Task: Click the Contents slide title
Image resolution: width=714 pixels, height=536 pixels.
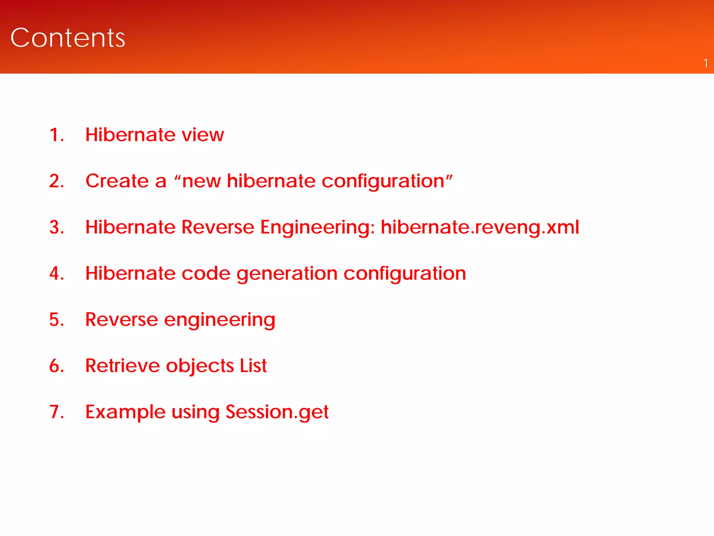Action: point(68,38)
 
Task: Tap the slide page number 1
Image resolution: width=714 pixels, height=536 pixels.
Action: point(705,63)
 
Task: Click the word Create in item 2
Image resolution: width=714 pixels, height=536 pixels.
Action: point(117,181)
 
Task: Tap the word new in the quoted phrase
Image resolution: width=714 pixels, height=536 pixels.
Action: point(201,181)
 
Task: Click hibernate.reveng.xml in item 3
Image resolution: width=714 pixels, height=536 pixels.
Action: point(480,227)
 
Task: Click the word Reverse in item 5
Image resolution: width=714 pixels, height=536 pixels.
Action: point(121,319)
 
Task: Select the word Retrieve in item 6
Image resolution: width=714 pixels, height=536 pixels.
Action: point(122,366)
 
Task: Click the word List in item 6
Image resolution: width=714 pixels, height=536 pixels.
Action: point(253,366)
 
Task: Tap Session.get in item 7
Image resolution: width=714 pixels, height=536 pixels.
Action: point(277,412)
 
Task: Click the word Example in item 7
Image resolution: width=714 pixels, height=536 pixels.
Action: point(125,412)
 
